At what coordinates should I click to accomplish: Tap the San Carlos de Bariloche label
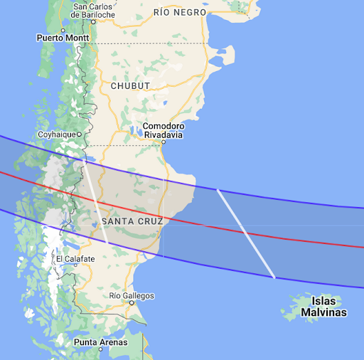(94, 11)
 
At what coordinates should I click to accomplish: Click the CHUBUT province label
(130, 86)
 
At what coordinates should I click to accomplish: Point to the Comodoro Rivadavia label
(163, 130)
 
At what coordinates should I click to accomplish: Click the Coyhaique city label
(55, 134)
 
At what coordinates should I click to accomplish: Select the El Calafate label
(75, 259)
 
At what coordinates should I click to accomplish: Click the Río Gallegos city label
(132, 295)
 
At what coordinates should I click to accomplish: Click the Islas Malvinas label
(323, 307)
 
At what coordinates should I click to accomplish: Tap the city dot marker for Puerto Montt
(63, 31)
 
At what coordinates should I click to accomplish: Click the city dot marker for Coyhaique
(80, 134)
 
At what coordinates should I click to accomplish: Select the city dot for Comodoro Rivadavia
(163, 142)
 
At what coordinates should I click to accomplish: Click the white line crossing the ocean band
(246, 233)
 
